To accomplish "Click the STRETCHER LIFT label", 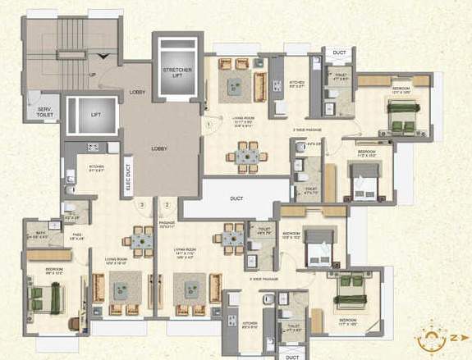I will [176, 75].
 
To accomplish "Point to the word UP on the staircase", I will [91, 76].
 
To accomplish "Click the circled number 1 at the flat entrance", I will [209, 125].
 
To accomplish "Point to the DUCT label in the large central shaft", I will [236, 198].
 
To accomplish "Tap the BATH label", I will [39, 234].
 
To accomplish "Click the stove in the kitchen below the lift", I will [93, 148].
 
